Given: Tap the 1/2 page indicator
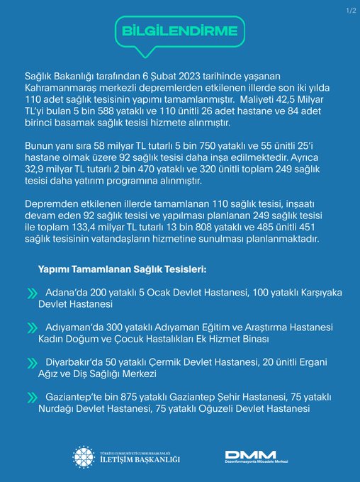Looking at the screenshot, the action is [x=349, y=10].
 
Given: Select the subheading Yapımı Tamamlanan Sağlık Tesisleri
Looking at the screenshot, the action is [x=123, y=271].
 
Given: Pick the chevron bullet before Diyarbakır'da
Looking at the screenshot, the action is [x=32, y=362].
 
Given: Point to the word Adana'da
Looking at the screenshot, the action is [x=66, y=292].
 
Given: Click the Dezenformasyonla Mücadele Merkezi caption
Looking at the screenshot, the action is [x=254, y=465].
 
